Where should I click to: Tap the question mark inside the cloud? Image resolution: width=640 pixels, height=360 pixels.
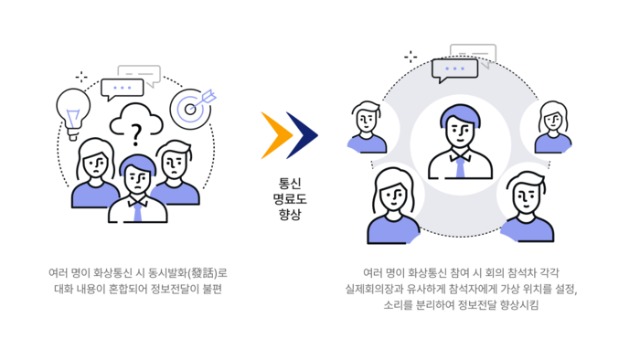(x=136, y=134)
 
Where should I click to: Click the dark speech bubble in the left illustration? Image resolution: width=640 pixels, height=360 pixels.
(x=123, y=90)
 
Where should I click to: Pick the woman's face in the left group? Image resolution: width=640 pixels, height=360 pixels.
(x=95, y=165)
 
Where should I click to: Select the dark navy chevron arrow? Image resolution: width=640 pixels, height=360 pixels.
(x=303, y=135)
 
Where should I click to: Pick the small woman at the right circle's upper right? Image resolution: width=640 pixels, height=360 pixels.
(x=553, y=125)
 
